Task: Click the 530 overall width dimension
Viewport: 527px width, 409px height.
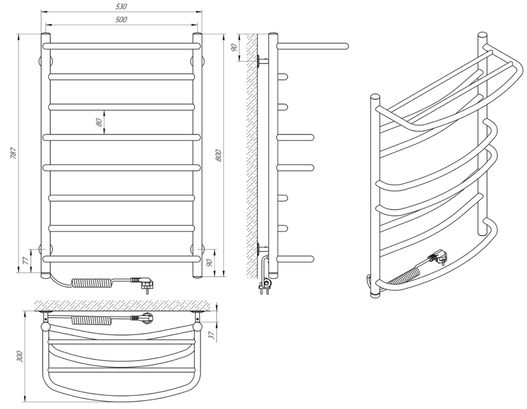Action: tap(121, 6)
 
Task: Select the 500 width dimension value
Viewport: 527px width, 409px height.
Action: tap(121, 20)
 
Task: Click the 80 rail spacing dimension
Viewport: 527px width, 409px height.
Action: tap(99, 122)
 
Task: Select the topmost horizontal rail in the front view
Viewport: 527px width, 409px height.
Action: tap(121, 46)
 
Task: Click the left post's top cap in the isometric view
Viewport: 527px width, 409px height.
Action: tap(375, 98)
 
